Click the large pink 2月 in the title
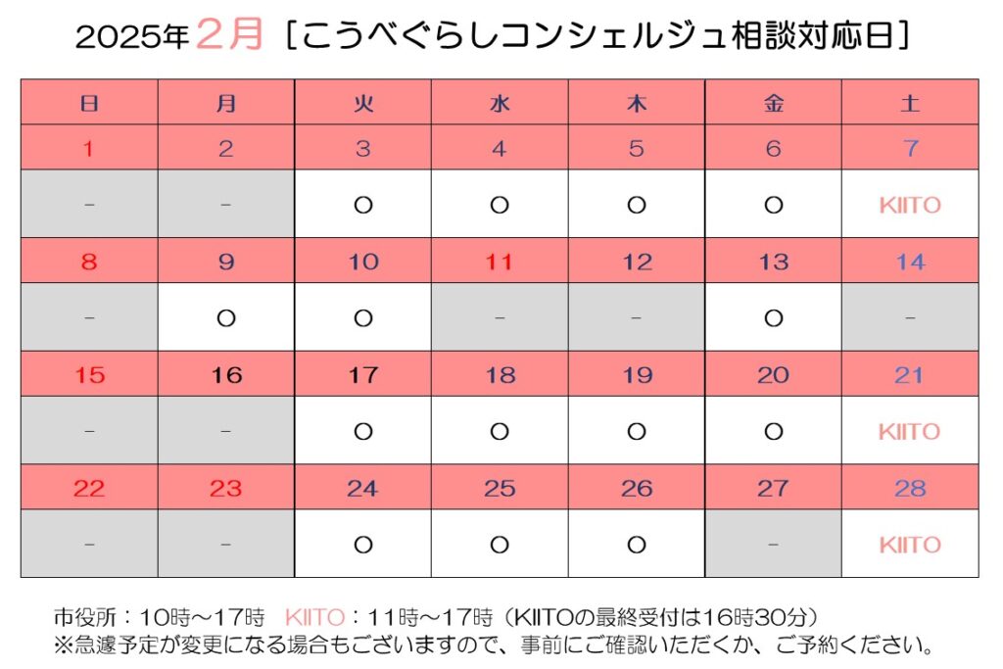click(230, 35)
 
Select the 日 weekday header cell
click(89, 102)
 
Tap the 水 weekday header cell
click(500, 102)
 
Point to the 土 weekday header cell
click(910, 102)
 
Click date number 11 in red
click(500, 262)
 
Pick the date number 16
click(226, 375)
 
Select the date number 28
click(910, 488)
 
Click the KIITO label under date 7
click(910, 205)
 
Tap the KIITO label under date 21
click(910, 431)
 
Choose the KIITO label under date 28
click(910, 545)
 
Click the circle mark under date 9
click(226, 318)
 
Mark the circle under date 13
click(773, 318)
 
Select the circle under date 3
click(363, 205)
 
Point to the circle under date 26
click(637, 545)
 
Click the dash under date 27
click(773, 545)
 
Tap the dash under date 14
click(910, 318)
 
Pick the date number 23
click(226, 488)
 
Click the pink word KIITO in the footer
click(314, 618)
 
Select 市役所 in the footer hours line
click(80, 618)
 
